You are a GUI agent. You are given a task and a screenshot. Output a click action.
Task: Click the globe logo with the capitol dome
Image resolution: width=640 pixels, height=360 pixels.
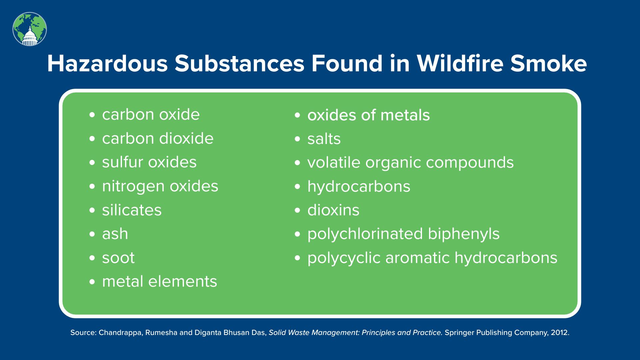(x=30, y=29)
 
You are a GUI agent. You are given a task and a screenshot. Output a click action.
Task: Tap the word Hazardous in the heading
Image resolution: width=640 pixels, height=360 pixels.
(x=107, y=63)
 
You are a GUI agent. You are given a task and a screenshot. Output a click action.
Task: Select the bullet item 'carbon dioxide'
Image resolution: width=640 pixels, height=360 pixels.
(x=158, y=138)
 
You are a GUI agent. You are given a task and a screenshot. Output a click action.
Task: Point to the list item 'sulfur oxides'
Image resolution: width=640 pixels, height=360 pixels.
(x=149, y=162)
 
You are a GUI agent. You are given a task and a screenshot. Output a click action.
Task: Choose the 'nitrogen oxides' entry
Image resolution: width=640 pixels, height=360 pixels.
(x=160, y=187)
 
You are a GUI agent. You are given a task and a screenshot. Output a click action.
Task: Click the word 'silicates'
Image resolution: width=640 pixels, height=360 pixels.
(x=132, y=210)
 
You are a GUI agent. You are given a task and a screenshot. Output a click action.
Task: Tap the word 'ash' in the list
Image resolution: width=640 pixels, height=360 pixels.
(x=115, y=234)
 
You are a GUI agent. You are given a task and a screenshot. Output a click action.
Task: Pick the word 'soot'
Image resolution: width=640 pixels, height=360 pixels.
(x=118, y=258)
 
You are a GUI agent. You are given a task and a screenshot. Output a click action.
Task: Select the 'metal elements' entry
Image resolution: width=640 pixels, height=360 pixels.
(x=159, y=281)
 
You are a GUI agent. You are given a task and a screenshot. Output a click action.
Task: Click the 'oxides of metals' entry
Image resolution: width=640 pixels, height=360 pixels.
(x=369, y=115)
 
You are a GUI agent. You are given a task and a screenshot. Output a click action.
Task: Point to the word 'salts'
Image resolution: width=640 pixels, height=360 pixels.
(x=324, y=139)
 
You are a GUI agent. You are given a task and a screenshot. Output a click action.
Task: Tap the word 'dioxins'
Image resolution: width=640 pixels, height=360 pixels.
(x=333, y=210)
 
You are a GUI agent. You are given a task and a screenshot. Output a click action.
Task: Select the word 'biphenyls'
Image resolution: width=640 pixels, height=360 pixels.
(x=464, y=234)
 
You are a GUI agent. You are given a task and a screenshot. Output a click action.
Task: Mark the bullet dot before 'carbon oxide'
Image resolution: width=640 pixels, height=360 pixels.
(x=92, y=115)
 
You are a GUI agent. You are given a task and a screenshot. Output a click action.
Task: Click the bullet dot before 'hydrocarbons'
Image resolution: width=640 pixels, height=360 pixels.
(x=298, y=187)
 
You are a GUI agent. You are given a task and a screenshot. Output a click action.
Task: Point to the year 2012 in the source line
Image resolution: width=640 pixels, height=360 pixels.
(x=560, y=332)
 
